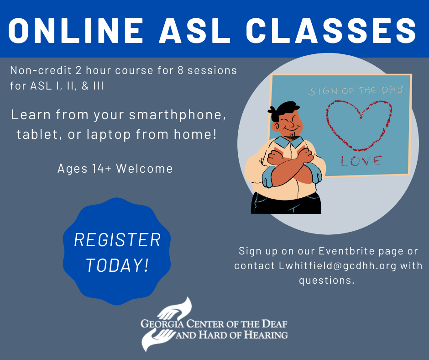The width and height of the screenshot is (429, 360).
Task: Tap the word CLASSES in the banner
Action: point(331,31)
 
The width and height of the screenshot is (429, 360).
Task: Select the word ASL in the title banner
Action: point(195,31)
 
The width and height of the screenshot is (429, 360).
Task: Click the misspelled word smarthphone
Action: point(178,115)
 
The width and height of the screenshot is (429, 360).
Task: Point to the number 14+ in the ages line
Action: point(102,169)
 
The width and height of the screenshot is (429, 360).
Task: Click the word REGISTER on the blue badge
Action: point(117,240)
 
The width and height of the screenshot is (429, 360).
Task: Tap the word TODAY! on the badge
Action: point(117,265)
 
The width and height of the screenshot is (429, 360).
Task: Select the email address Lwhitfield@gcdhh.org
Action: point(338,266)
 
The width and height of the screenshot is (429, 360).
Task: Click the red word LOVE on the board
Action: point(361,161)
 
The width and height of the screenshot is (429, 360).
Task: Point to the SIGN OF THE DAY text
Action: point(356,90)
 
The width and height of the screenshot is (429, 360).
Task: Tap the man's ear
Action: point(277,127)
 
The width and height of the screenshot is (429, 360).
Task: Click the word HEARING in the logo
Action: point(266,335)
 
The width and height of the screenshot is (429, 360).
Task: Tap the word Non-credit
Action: point(41,70)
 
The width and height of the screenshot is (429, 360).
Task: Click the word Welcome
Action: point(144,169)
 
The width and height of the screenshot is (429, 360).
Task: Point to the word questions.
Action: point(327,281)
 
